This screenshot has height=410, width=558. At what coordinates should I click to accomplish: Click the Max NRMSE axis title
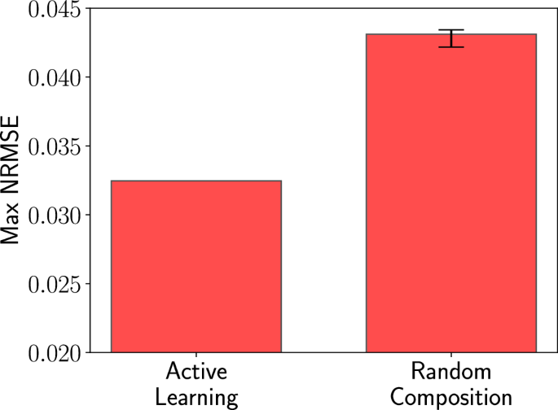pyautogui.click(x=11, y=181)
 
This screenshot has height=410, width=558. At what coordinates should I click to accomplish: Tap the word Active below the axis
pyautogui.click(x=196, y=373)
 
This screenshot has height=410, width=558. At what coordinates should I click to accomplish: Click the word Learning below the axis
pyautogui.click(x=196, y=397)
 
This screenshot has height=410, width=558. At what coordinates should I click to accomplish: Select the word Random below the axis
pyautogui.click(x=450, y=373)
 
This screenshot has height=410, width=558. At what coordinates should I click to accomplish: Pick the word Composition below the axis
pyautogui.click(x=450, y=397)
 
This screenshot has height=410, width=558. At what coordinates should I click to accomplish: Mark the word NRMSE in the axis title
pyautogui.click(x=11, y=161)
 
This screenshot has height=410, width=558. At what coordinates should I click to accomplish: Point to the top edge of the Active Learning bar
pyautogui.click(x=196, y=181)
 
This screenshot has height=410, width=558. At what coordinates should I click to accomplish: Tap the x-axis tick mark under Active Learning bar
pyautogui.click(x=196, y=355)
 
